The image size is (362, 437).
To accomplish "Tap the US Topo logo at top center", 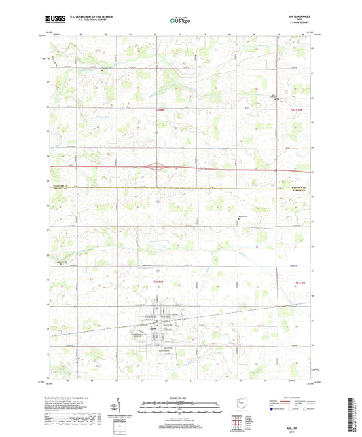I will coord(180,21).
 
